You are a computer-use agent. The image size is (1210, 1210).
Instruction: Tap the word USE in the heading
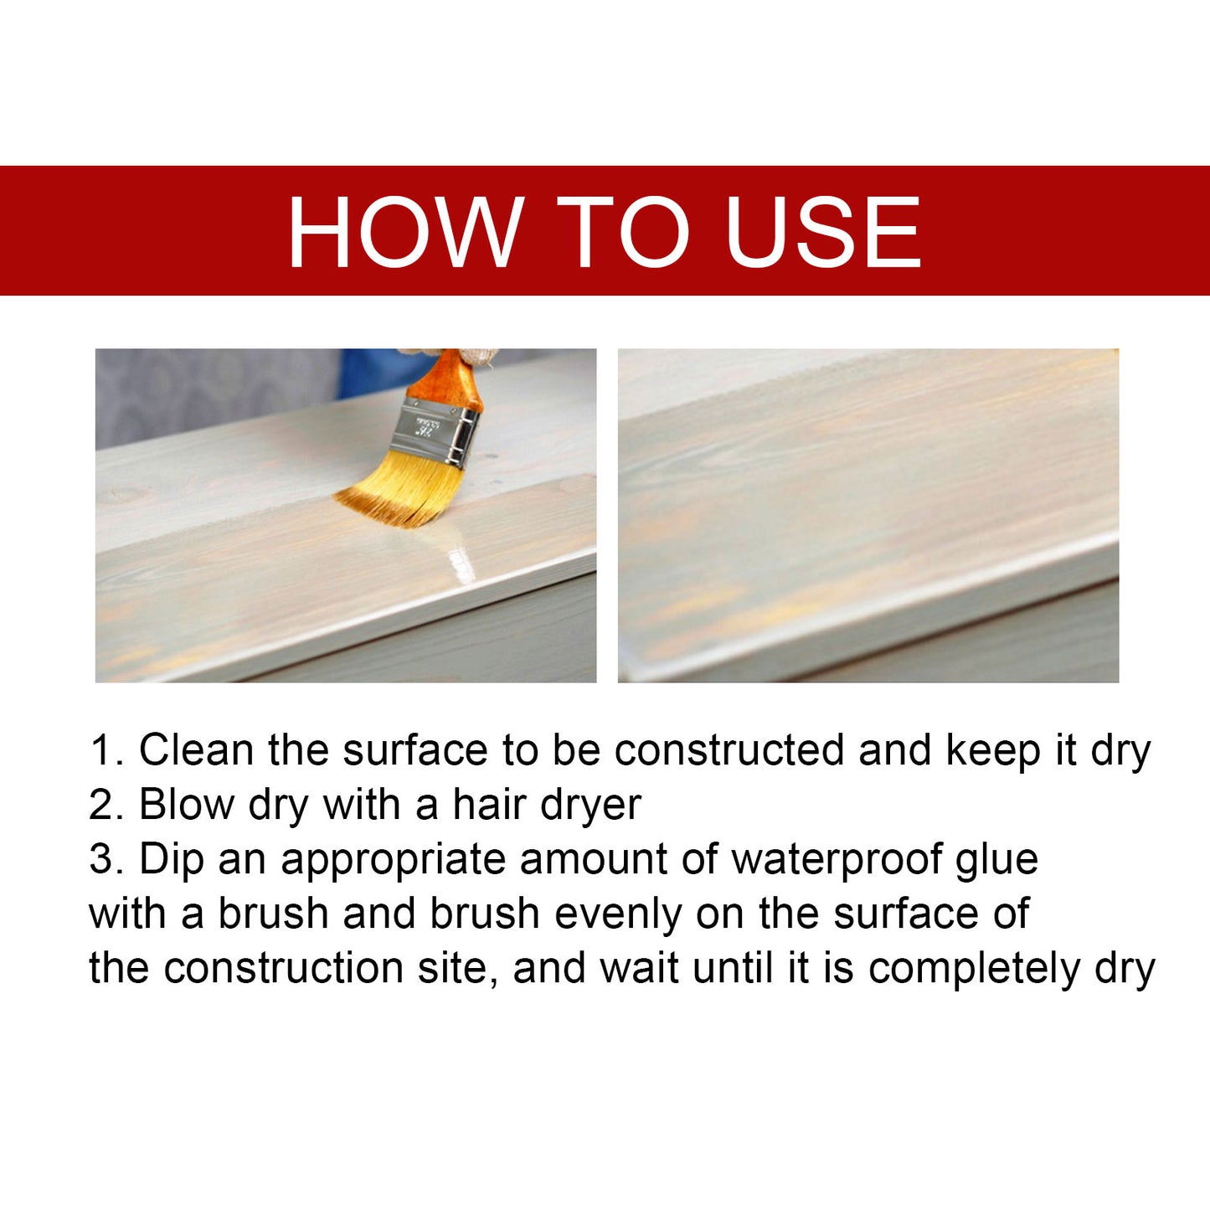pyautogui.click(x=823, y=232)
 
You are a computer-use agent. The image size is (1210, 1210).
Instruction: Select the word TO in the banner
pyautogui.click(x=624, y=232)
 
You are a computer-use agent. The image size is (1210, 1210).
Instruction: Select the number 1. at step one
pyautogui.click(x=106, y=749)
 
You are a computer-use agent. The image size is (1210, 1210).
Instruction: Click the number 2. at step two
pyautogui.click(x=106, y=805)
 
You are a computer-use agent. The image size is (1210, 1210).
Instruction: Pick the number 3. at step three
pyautogui.click(x=106, y=859)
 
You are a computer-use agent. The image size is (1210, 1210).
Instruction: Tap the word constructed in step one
pyautogui.click(x=729, y=749)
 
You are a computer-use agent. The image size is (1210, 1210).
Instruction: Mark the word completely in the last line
pyautogui.click(x=974, y=970)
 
